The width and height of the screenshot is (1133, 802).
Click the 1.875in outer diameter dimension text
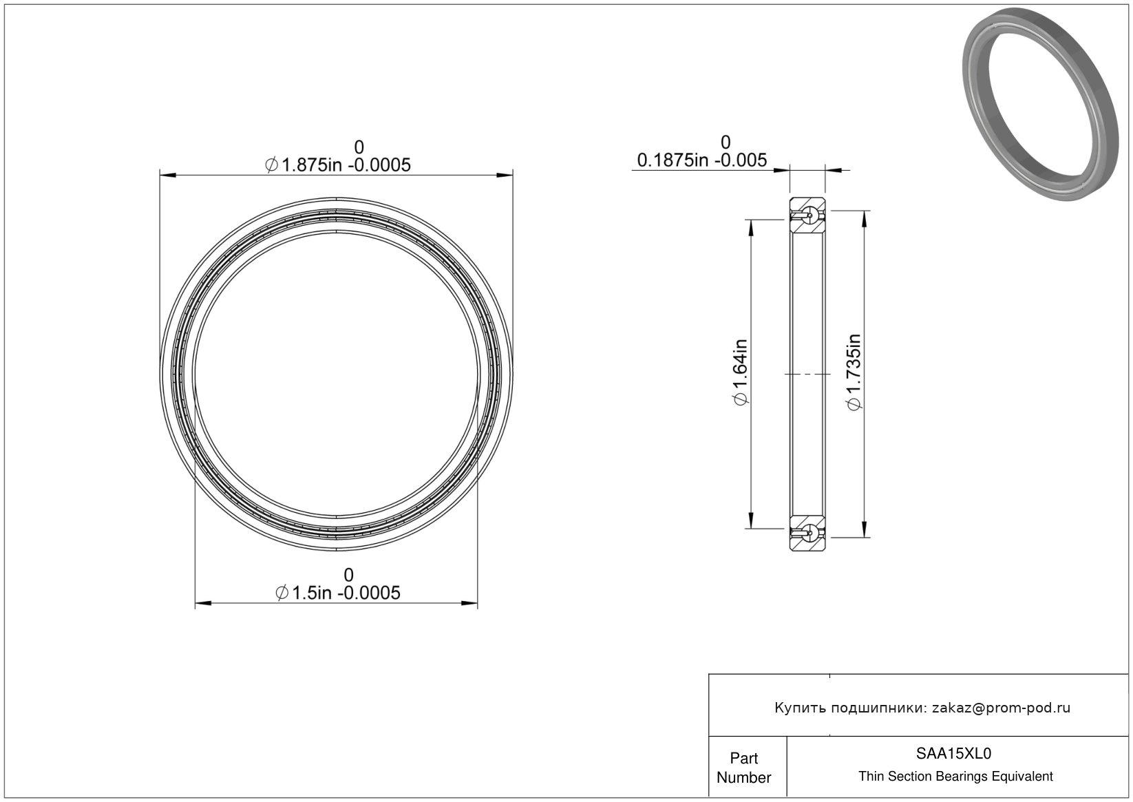pos(338,165)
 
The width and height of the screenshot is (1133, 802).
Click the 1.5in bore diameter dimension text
pos(338,593)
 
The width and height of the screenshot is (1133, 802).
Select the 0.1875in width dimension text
pos(702,160)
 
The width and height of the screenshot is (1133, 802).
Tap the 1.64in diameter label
pos(740,372)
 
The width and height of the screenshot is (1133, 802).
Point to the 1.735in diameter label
pos(854,372)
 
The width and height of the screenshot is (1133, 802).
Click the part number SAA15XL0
pos(953,753)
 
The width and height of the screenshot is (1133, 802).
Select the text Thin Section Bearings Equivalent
pos(955,777)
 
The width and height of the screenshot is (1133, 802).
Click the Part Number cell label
pos(743,768)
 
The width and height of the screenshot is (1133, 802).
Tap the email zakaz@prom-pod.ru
pos(1001,708)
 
